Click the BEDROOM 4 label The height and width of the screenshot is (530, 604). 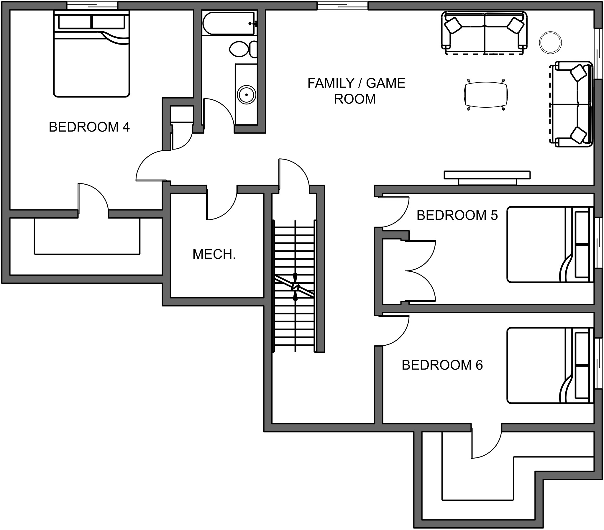pyautogui.click(x=89, y=127)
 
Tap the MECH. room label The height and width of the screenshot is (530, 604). pyautogui.click(x=214, y=255)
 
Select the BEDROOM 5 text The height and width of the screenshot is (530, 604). pyautogui.click(x=457, y=215)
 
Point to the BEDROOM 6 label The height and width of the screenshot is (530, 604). pyautogui.click(x=442, y=365)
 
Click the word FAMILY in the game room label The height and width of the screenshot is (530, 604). pyautogui.click(x=331, y=83)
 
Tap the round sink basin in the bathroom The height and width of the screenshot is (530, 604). pyautogui.click(x=246, y=95)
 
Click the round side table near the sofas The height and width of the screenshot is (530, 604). pyautogui.click(x=550, y=42)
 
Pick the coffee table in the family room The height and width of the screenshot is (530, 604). pyautogui.click(x=485, y=95)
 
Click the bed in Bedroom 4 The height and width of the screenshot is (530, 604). pyautogui.click(x=92, y=56)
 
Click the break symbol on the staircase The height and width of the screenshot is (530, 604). pyautogui.click(x=295, y=286)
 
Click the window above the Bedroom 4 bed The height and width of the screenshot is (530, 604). pyautogui.click(x=92, y=5)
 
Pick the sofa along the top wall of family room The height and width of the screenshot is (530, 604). pyautogui.click(x=484, y=32)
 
